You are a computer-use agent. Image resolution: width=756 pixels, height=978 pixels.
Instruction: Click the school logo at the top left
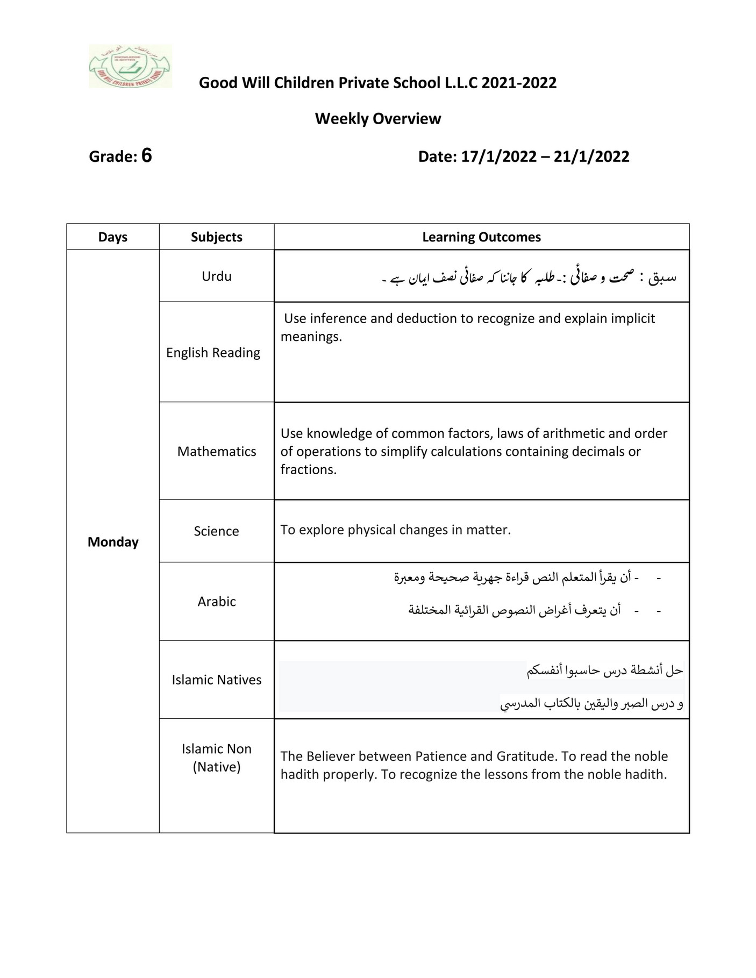130,66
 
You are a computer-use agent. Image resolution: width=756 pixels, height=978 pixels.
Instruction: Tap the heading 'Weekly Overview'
377,119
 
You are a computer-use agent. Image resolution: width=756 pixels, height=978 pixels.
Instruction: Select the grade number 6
146,156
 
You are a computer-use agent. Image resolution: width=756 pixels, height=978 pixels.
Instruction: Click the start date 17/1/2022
498,156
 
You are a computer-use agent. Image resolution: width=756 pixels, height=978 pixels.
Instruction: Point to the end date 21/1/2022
591,156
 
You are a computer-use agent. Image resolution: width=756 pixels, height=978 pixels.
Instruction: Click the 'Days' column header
113,237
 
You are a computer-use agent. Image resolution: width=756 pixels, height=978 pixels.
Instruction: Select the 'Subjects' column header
216,237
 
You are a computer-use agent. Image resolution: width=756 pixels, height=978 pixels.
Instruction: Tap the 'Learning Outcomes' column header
481,237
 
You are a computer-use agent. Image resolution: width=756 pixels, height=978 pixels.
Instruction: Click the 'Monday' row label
113,542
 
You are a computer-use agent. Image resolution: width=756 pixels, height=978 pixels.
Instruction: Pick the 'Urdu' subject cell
216,276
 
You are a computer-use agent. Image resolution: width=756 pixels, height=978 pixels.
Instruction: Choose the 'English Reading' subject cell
213,353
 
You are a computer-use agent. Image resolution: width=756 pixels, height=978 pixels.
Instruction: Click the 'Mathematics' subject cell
216,452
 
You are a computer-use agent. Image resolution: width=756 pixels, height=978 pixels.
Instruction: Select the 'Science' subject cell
216,531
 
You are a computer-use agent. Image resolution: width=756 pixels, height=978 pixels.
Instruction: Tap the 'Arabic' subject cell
216,602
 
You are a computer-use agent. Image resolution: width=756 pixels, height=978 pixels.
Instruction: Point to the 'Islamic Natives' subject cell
216,680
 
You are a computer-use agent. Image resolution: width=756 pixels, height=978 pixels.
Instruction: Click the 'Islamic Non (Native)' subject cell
216,758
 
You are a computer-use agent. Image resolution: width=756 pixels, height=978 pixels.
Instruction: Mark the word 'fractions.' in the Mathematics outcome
308,470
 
